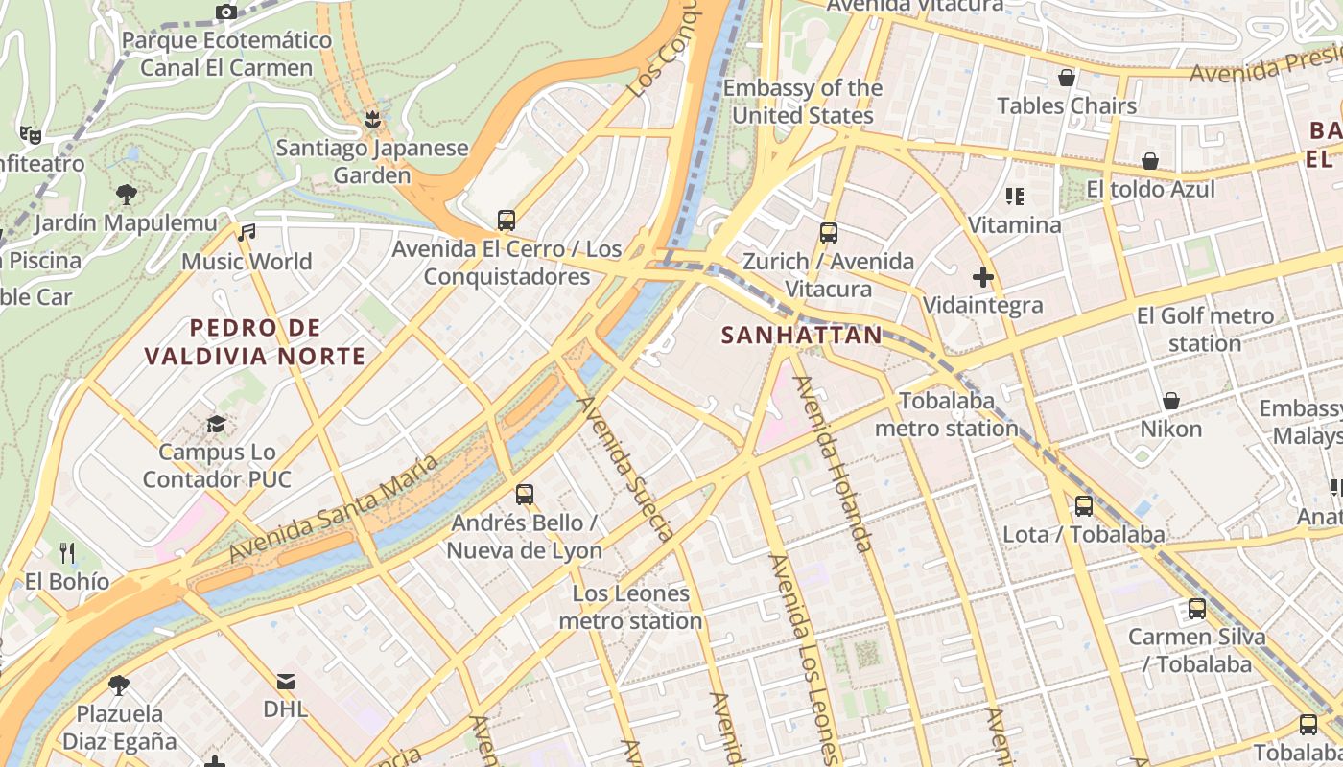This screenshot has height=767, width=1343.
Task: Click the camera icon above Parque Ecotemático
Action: tap(226, 12)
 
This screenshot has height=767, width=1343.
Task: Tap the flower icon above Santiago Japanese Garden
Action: tap(372, 120)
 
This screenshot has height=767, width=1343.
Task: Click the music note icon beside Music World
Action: tap(247, 233)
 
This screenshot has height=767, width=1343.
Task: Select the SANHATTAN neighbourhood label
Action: tap(801, 335)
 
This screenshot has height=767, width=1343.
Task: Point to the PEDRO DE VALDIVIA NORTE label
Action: tap(255, 342)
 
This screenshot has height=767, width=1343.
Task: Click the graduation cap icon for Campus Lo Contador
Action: tap(217, 424)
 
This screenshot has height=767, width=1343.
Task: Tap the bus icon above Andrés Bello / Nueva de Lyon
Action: tap(524, 495)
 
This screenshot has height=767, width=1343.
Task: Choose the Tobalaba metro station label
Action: tap(946, 414)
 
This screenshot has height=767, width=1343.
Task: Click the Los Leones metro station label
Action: tap(630, 607)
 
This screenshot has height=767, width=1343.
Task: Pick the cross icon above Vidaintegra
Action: tap(982, 278)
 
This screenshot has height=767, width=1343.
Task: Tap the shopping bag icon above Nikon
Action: tap(1170, 401)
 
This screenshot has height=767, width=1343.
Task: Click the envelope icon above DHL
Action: tap(286, 682)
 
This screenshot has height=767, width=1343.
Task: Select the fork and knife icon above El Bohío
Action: tap(67, 553)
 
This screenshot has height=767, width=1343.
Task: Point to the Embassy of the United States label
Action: tap(802, 102)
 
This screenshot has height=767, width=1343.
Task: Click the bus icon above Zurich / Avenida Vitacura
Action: tap(829, 233)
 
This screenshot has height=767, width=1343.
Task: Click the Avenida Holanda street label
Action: tap(832, 464)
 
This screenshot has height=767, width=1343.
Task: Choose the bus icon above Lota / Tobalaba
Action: tap(1084, 506)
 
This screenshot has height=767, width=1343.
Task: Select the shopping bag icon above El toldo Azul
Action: tap(1149, 161)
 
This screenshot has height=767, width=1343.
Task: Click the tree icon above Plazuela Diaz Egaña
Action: tap(119, 686)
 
